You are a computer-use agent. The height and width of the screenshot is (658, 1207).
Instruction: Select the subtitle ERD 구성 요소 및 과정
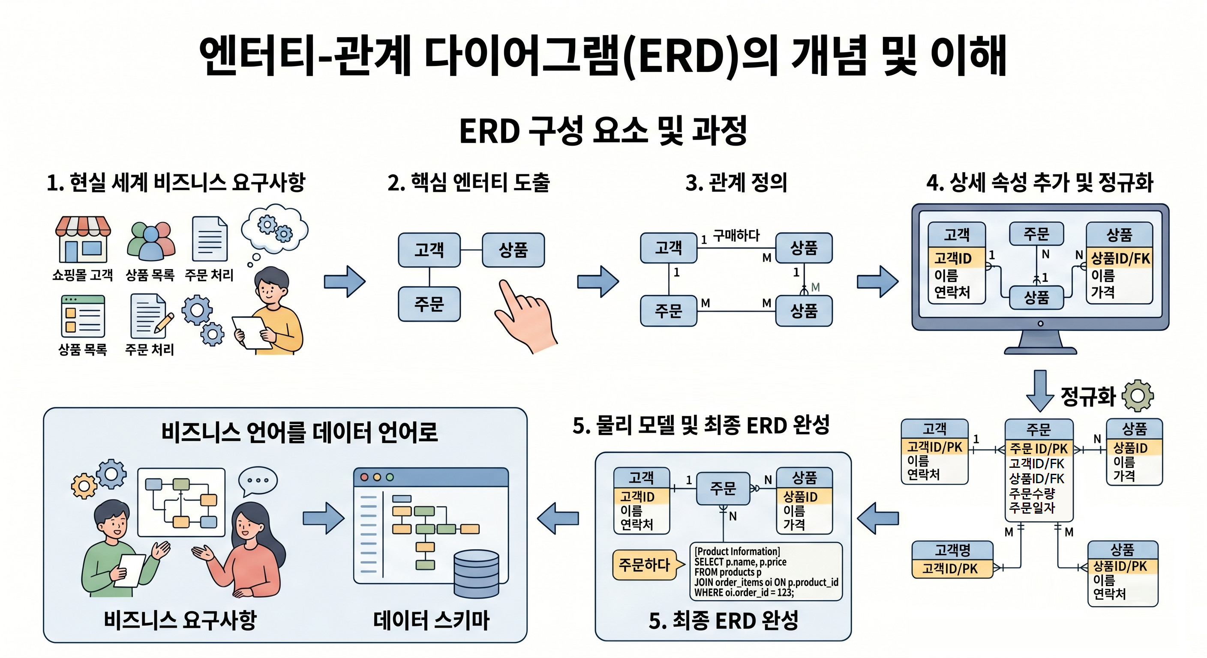603,131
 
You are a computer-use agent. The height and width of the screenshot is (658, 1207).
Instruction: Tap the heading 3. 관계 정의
736,182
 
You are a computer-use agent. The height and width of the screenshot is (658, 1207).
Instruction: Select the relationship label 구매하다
736,235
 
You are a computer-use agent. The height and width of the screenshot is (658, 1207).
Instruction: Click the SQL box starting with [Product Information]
766,571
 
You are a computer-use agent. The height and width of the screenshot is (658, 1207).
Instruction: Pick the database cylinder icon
477,574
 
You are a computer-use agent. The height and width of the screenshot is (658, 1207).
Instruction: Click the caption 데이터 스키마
431,620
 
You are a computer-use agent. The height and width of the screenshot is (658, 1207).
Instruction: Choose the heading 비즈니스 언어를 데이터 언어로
300,432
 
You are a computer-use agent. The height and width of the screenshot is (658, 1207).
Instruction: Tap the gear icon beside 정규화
1138,396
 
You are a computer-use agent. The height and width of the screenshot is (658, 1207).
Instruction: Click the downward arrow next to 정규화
1040,391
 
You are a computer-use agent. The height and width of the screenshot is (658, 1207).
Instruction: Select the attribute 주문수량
1032,493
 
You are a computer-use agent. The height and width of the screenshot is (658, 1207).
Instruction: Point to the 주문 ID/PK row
1039,449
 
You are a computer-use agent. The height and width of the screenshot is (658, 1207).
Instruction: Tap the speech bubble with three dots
258,481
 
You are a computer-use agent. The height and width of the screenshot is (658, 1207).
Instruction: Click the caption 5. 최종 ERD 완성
724,621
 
